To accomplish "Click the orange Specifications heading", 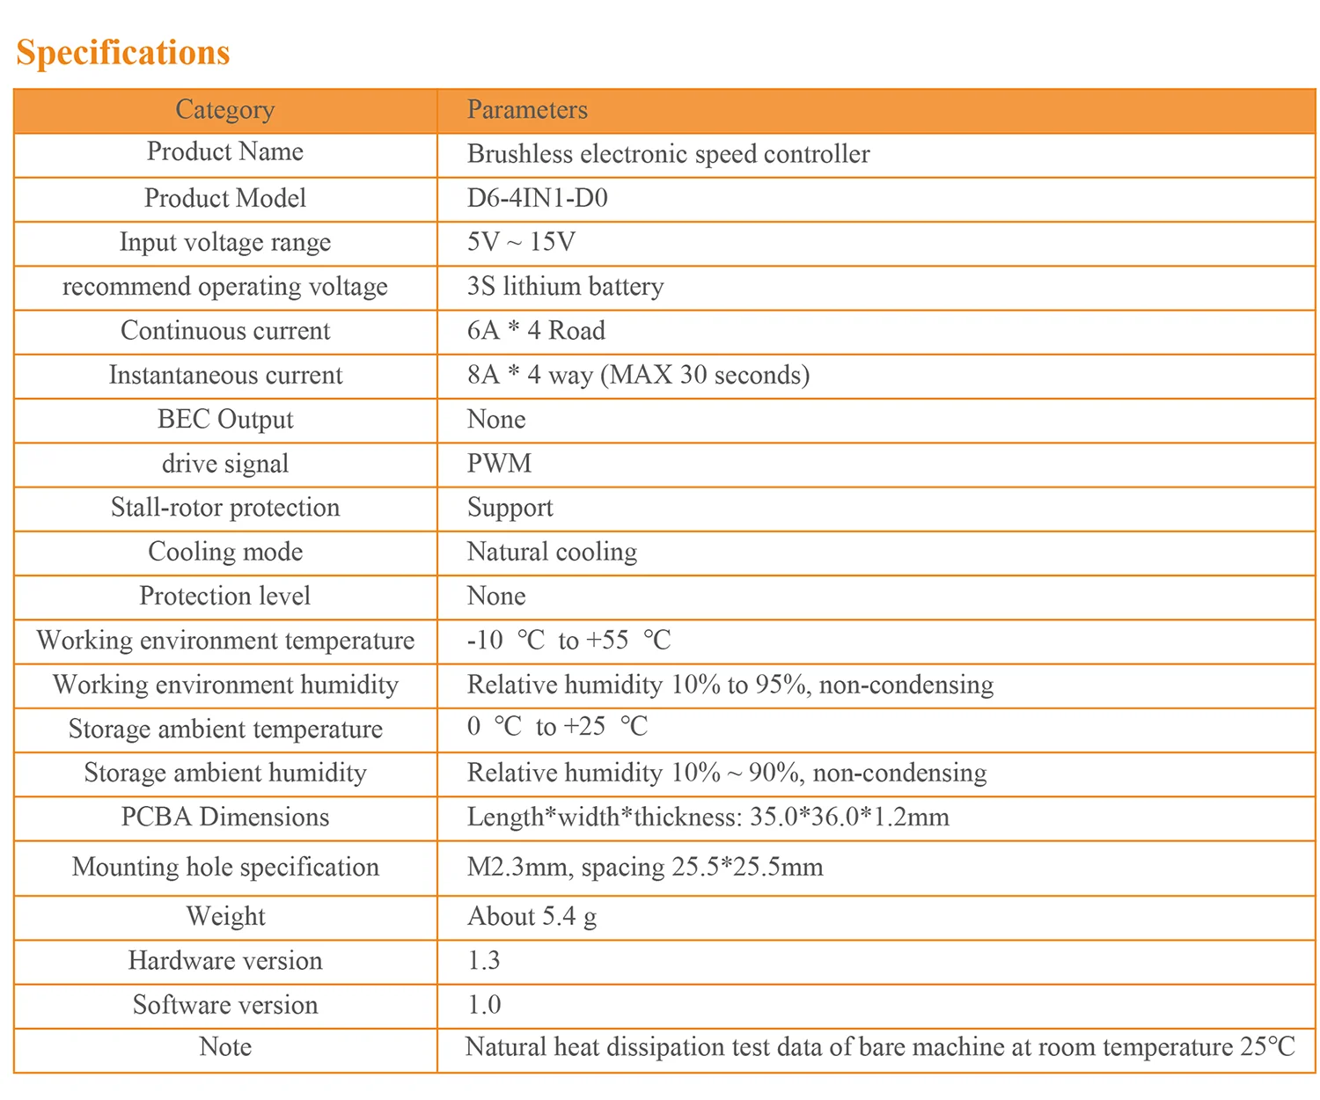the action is tap(122, 53).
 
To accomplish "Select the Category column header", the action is tap(225, 110).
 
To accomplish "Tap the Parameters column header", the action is tap(527, 109).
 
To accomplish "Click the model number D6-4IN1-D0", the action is tap(538, 198).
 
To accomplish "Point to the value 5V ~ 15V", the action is tap(522, 241).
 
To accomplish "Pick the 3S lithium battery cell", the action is tap(566, 286).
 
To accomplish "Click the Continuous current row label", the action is tap(225, 331).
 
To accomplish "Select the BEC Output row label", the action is tap(225, 420).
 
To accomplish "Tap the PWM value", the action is tap(500, 464).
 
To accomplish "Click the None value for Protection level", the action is tap(496, 596).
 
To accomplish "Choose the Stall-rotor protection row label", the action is tap(225, 508).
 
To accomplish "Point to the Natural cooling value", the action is tap(552, 552).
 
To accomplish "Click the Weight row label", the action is tap(225, 917).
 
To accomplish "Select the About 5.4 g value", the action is tap(532, 917).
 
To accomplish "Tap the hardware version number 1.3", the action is tap(484, 960).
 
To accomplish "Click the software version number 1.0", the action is tap(484, 1005).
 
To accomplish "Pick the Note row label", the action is tap(225, 1047).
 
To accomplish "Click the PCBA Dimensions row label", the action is tap(225, 817).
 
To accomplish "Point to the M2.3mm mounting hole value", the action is tap(645, 868).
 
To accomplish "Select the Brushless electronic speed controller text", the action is tap(668, 154).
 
